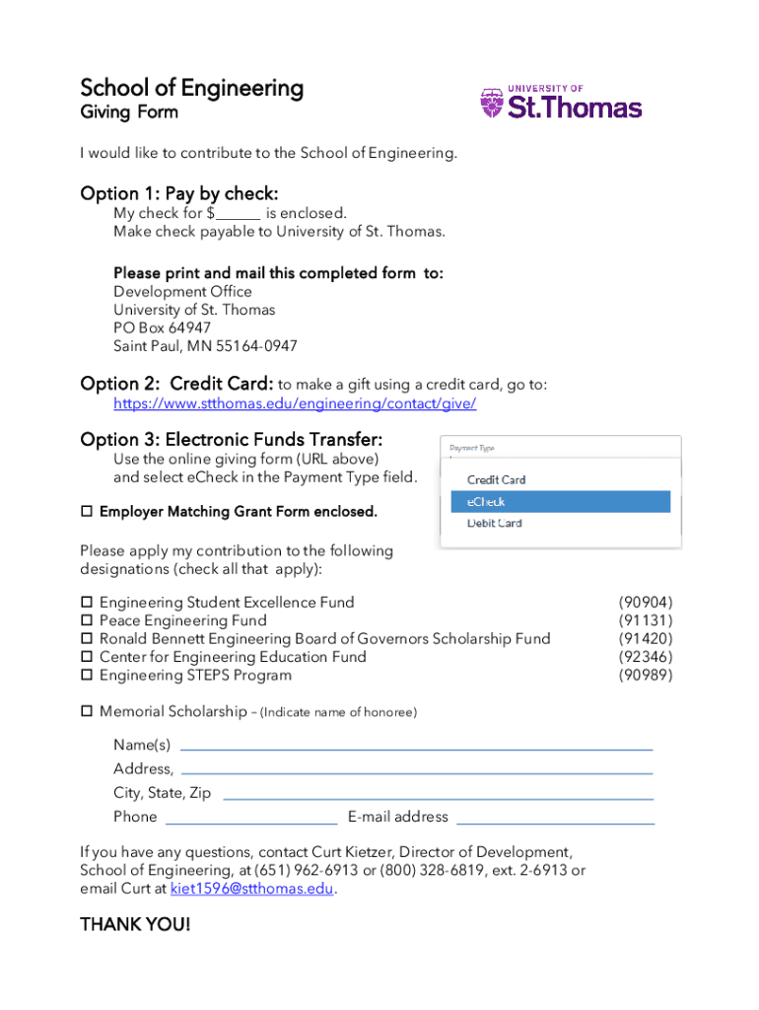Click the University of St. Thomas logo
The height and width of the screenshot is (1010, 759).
[x=560, y=103]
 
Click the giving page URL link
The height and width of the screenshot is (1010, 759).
[x=295, y=403]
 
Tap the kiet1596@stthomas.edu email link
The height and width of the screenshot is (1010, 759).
[x=251, y=889]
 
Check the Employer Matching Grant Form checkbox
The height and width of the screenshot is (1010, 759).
[x=86, y=512]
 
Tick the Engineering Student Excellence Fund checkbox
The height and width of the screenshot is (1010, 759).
[x=86, y=603]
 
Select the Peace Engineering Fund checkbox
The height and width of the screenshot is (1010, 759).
[x=86, y=621]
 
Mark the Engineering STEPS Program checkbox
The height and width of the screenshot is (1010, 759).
[x=86, y=676]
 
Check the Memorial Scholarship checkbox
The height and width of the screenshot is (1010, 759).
[x=86, y=711]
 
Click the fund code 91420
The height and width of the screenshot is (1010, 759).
[x=646, y=639]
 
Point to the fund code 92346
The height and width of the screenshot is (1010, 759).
[x=646, y=657]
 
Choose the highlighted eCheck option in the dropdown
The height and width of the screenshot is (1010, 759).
[x=560, y=502]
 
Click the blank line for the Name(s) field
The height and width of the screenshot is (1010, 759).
[x=416, y=749]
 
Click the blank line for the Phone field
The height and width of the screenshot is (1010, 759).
[x=251, y=822]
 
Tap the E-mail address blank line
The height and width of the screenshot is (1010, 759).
[x=556, y=822]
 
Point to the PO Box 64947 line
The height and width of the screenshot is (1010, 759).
[x=162, y=328]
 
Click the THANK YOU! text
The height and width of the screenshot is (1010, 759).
[x=135, y=925]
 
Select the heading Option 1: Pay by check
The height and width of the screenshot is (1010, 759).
[x=178, y=193]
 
